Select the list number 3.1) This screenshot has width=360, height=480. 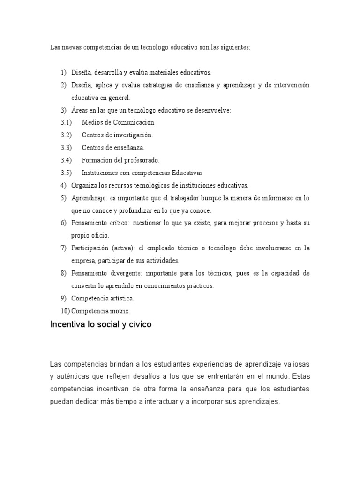click(x=66, y=123)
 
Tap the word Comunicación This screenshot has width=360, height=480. click(x=132, y=123)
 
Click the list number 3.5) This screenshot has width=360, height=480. click(x=66, y=172)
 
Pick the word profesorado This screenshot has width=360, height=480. click(x=140, y=160)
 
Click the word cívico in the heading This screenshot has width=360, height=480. click(x=139, y=324)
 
